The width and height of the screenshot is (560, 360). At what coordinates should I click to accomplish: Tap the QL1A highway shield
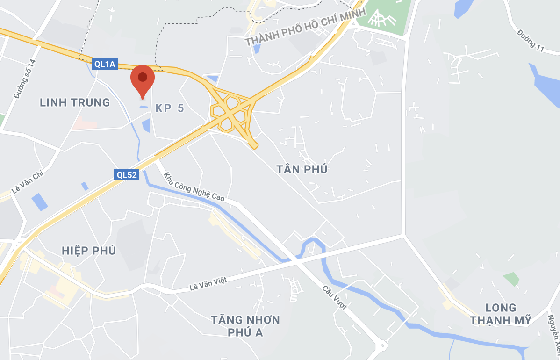coord(104,64)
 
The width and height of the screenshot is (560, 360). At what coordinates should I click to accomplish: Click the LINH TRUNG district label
coord(75,102)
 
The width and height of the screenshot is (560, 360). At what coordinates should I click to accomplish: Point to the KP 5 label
coord(170,108)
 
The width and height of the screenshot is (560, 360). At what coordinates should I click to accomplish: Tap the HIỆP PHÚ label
coord(89,251)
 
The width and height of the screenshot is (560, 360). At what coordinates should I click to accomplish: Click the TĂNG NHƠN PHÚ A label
coord(245,326)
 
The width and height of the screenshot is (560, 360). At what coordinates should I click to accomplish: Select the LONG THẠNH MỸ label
coord(501,314)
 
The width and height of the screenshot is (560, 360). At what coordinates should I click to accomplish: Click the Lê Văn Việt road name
coord(208,283)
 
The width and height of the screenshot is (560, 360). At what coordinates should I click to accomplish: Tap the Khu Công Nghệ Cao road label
coord(194,187)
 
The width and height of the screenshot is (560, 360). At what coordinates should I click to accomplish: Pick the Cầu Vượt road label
coord(335,297)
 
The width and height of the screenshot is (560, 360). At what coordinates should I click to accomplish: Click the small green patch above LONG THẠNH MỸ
coord(511,279)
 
